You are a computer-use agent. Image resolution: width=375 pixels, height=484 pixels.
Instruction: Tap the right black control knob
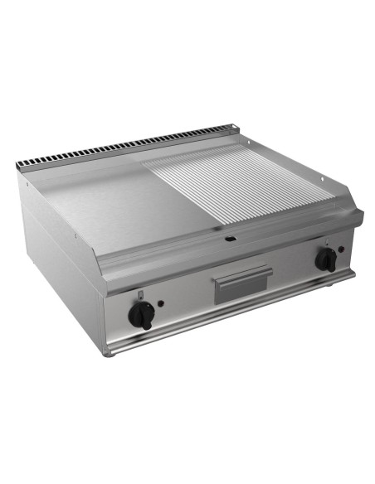tap(326, 259)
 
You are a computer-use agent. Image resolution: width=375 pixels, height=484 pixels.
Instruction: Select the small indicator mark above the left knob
tap(142, 296)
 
